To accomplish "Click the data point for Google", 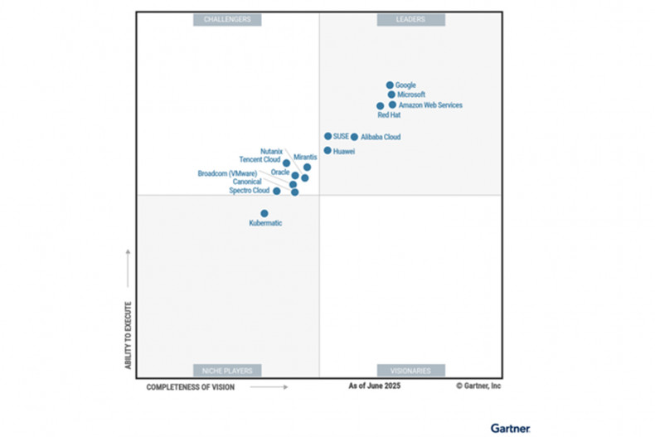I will tap(390, 85).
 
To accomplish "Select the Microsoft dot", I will tap(391, 95).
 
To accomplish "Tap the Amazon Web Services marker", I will tap(392, 105).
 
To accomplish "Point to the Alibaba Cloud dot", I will tap(354, 137).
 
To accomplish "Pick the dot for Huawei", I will tap(327, 151).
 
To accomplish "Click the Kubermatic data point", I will tap(264, 213).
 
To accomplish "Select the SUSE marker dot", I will tap(328, 136).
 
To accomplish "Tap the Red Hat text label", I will tap(389, 115).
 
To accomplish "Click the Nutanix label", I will tap(271, 151).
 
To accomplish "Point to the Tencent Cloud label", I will tap(260, 159).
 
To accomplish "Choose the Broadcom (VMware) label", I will tap(226, 173).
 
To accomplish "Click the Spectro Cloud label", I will tap(249, 191).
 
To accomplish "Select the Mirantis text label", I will tap(305, 157).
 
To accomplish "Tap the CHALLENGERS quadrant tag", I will tap(227, 19).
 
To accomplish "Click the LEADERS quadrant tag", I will tap(411, 19).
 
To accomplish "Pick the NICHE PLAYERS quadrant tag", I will tap(227, 371).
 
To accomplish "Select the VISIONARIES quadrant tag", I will tap(411, 371).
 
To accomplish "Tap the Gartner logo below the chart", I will tap(510, 428).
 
